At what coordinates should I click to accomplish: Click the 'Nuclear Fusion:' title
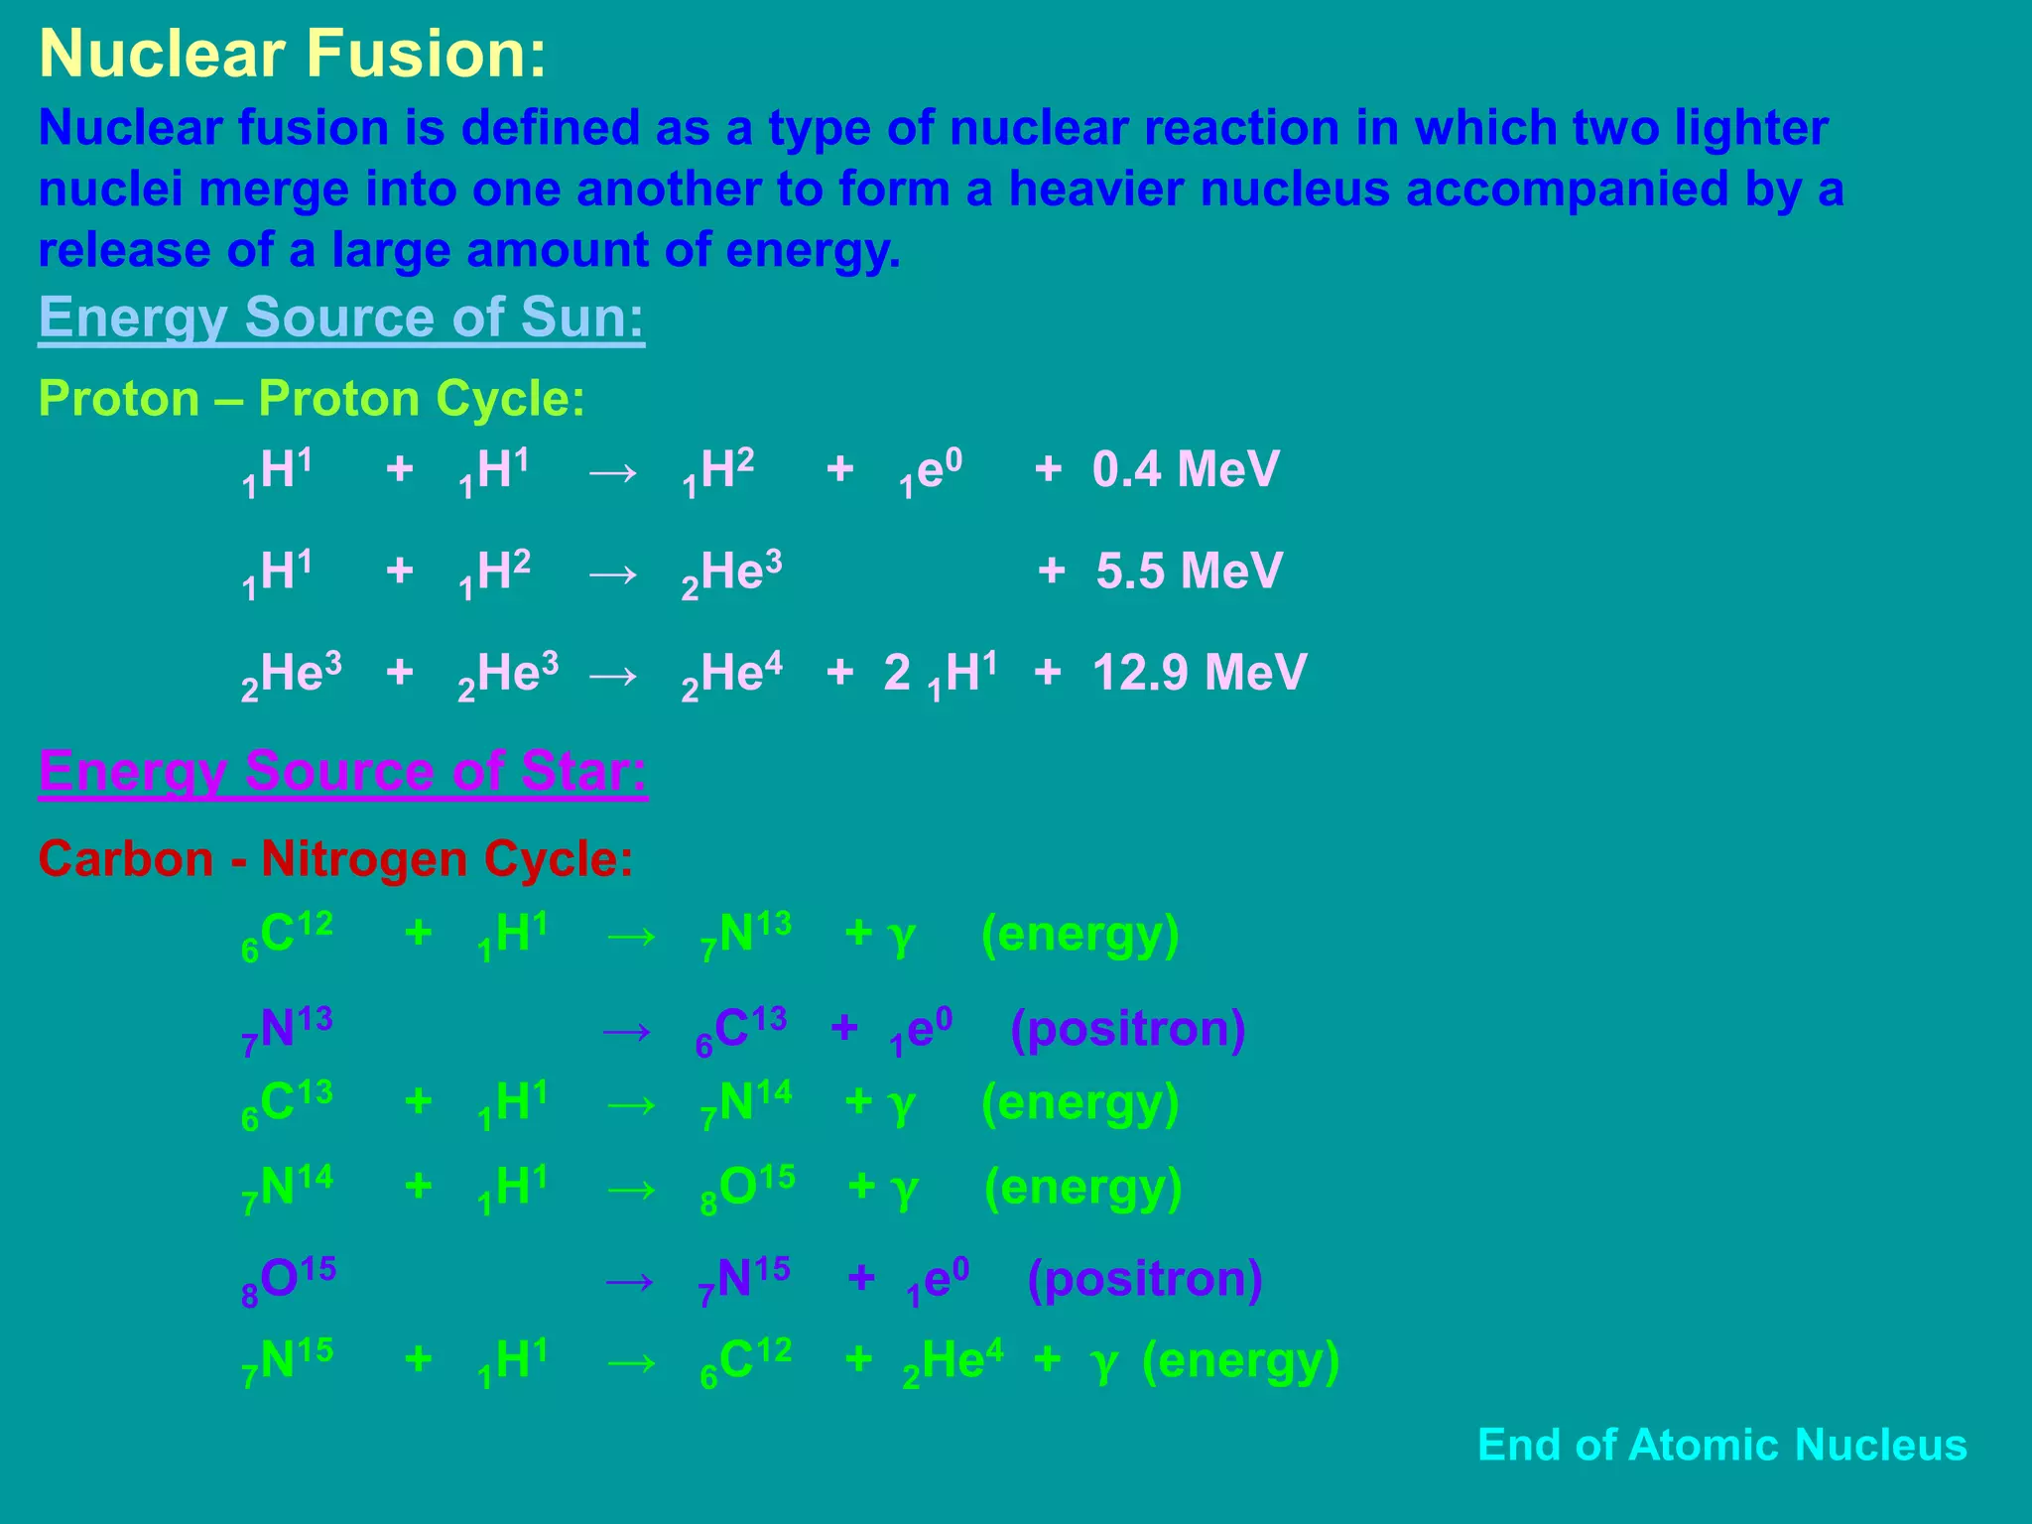coord(293,54)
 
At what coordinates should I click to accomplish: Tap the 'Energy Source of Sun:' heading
coord(341,317)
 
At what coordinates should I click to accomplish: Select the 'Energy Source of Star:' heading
coord(342,771)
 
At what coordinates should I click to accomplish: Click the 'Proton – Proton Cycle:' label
coord(312,399)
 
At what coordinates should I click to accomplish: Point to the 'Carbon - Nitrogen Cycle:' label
coord(335,859)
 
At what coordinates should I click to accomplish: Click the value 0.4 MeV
coord(1186,469)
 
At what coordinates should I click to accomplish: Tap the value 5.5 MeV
coord(1190,571)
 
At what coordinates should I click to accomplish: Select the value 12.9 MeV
coord(1200,673)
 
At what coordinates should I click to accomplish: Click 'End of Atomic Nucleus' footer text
coord(1721,1445)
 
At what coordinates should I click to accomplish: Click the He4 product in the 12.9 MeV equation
coord(732,675)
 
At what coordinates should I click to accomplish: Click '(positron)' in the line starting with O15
coord(1145,1279)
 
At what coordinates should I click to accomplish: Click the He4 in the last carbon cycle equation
coord(953,1361)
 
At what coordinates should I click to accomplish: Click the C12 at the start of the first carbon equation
coord(287,935)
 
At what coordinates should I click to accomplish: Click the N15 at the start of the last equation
coord(287,1361)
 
